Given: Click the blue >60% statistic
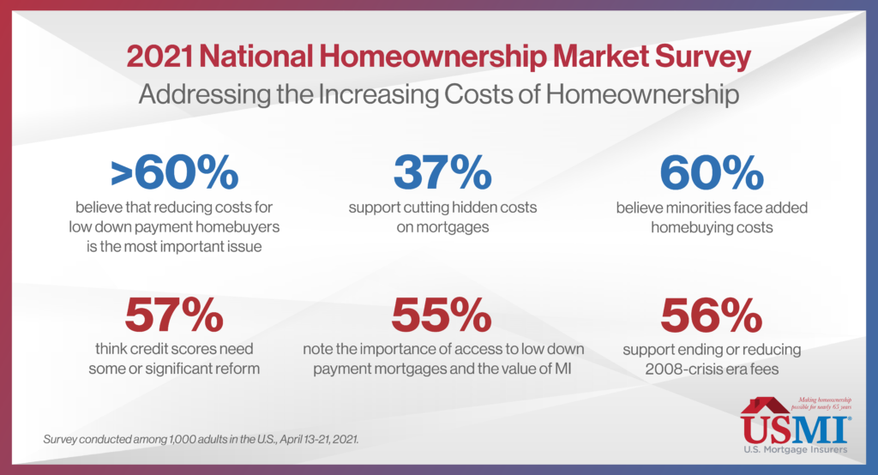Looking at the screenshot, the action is (175, 172).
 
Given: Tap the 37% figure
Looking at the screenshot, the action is (442, 172).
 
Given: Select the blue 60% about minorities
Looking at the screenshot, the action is (712, 172).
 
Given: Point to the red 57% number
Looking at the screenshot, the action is (174, 315).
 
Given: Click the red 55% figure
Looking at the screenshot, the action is (442, 315).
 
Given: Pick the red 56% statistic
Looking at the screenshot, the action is (711, 315).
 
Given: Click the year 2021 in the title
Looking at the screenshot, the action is (159, 57).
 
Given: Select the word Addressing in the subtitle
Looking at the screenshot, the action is (204, 94).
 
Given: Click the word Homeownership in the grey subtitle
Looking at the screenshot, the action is (642, 94).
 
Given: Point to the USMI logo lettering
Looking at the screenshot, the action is (795, 430).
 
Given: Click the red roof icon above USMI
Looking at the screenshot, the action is (765, 405).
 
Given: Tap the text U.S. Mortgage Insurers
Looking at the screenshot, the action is (795, 449).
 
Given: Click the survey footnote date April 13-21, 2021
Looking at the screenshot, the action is (319, 439).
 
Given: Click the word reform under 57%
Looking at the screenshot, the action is (239, 369).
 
